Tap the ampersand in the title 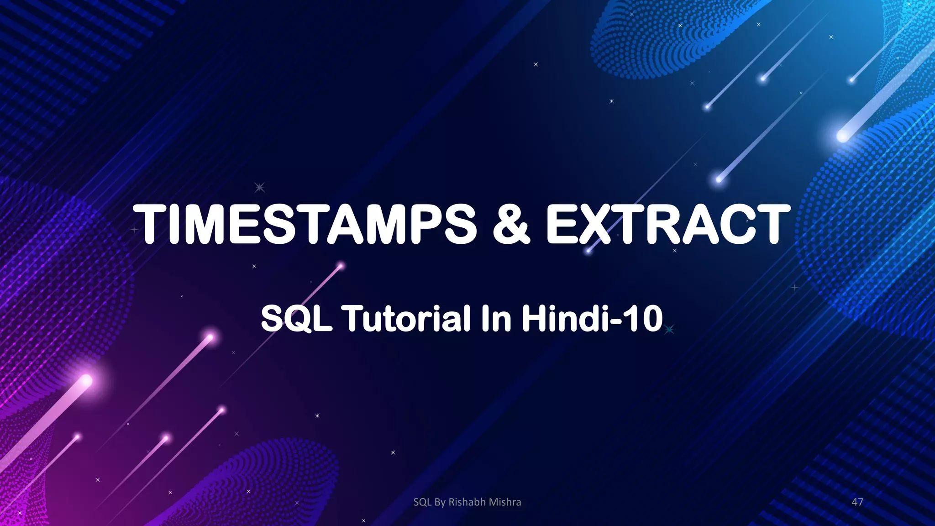(x=511, y=224)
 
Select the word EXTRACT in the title (x=667, y=224)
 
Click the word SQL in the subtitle (x=296, y=318)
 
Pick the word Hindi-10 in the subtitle (x=592, y=318)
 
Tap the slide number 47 (x=857, y=502)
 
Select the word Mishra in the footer (x=505, y=502)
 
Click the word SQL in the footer (x=422, y=502)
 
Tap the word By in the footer (x=440, y=502)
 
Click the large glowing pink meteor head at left (x=86, y=380)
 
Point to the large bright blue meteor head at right (x=843, y=135)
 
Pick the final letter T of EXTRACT (x=771, y=224)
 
